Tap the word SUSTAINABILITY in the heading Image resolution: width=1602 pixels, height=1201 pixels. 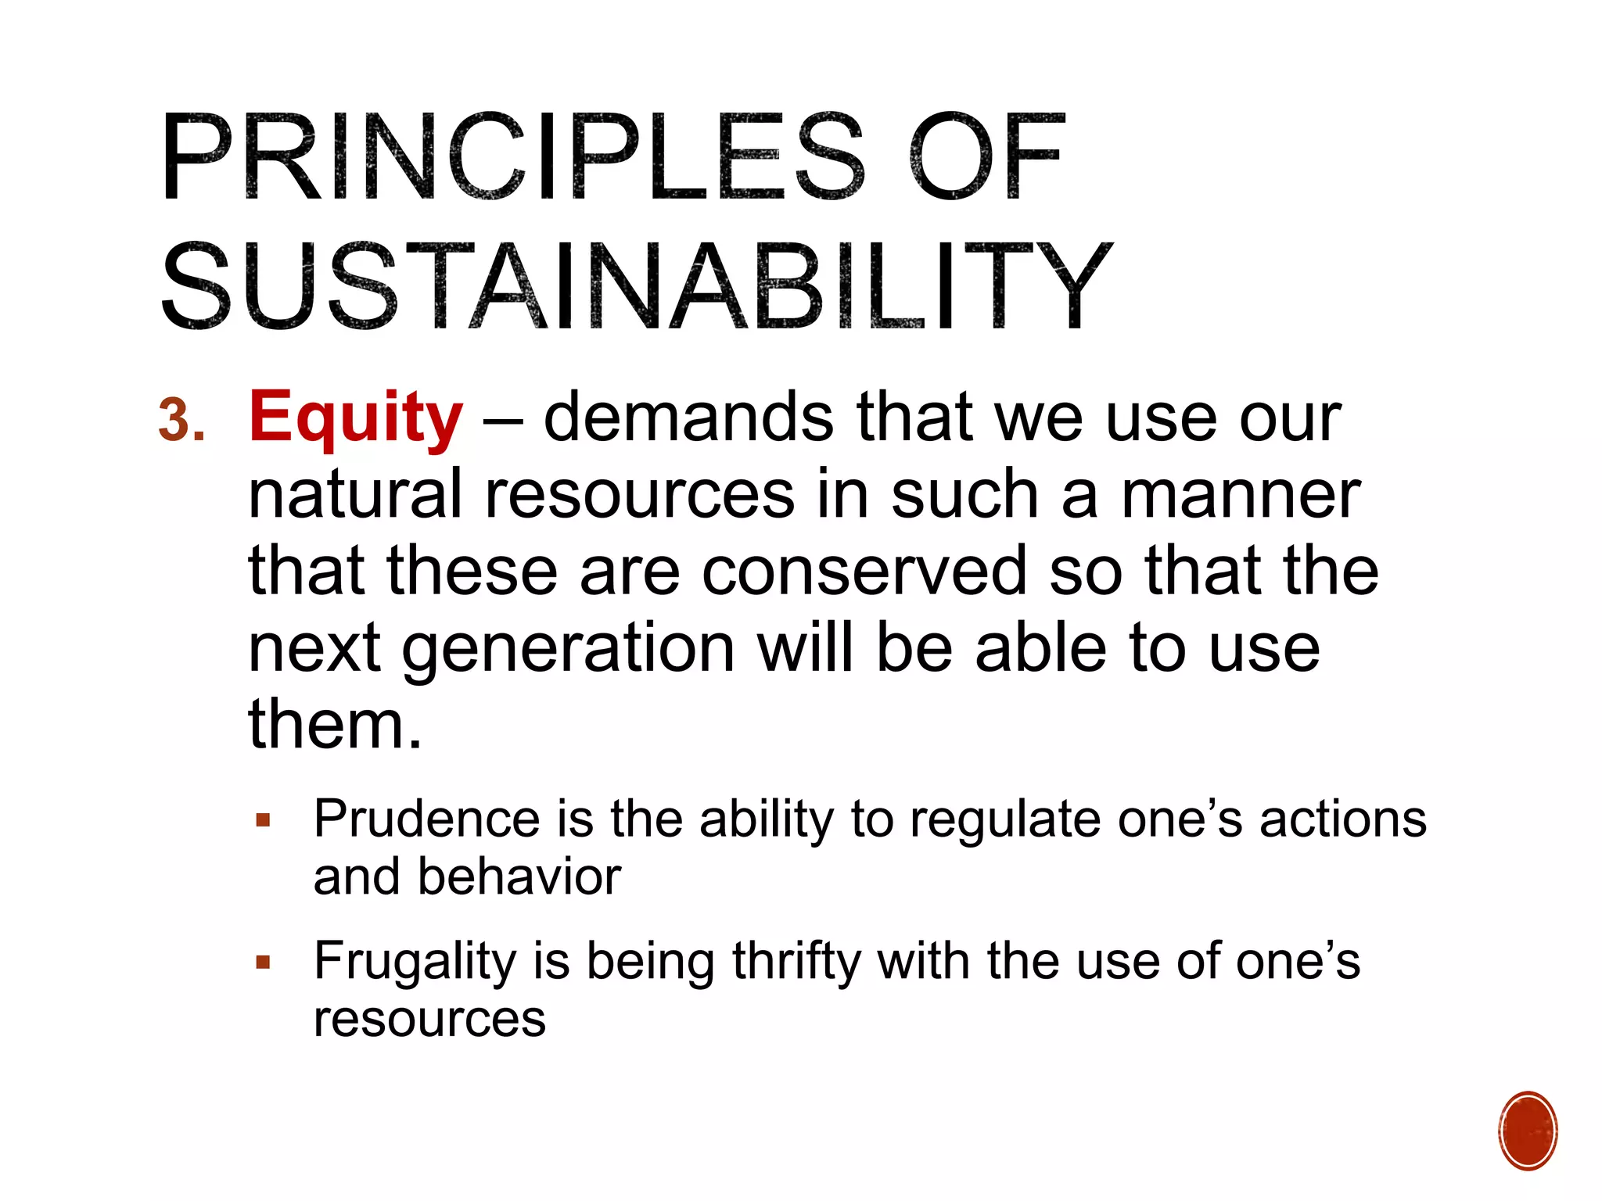pyautogui.click(x=635, y=286)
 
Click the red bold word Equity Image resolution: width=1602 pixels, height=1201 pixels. pyautogui.click(x=356, y=418)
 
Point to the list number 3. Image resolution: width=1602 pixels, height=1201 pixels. pyautogui.click(x=181, y=421)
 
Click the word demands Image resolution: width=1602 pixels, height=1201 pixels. pyautogui.click(x=688, y=418)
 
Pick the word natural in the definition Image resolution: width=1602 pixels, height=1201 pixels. pyautogui.click(x=356, y=494)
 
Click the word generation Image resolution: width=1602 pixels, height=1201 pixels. pyautogui.click(x=569, y=649)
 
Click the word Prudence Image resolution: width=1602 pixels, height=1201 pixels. pyautogui.click(x=426, y=819)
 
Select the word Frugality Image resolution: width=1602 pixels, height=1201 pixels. pyautogui.click(x=415, y=962)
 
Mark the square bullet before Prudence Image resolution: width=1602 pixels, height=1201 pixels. pyautogui.click(x=263, y=821)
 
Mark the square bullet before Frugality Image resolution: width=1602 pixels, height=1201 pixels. pyautogui.click(x=263, y=963)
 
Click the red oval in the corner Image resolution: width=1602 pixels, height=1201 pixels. pyautogui.click(x=1528, y=1131)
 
